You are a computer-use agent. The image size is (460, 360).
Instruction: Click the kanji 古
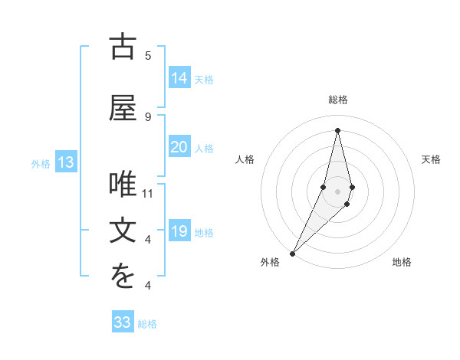123,47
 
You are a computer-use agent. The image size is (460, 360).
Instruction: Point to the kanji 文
123,231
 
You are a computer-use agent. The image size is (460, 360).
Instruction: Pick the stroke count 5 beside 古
148,56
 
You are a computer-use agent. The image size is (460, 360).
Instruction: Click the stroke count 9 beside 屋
148,117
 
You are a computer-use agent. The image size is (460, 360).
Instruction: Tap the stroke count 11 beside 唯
148,194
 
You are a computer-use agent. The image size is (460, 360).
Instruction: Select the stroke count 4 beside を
148,286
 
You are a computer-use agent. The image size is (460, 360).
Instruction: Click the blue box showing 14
179,78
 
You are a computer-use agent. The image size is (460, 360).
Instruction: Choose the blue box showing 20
179,147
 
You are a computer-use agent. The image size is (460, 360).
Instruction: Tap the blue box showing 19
179,231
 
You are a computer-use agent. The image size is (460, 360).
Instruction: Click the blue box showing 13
65,162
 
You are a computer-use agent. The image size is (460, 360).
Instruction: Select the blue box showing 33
123,322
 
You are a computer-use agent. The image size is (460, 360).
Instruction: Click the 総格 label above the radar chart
338,100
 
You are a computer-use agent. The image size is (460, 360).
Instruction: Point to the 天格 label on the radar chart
432,159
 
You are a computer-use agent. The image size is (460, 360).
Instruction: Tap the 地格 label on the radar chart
402,262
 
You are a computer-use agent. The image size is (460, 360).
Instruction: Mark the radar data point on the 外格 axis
292,253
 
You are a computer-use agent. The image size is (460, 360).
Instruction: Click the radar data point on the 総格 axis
337,129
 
